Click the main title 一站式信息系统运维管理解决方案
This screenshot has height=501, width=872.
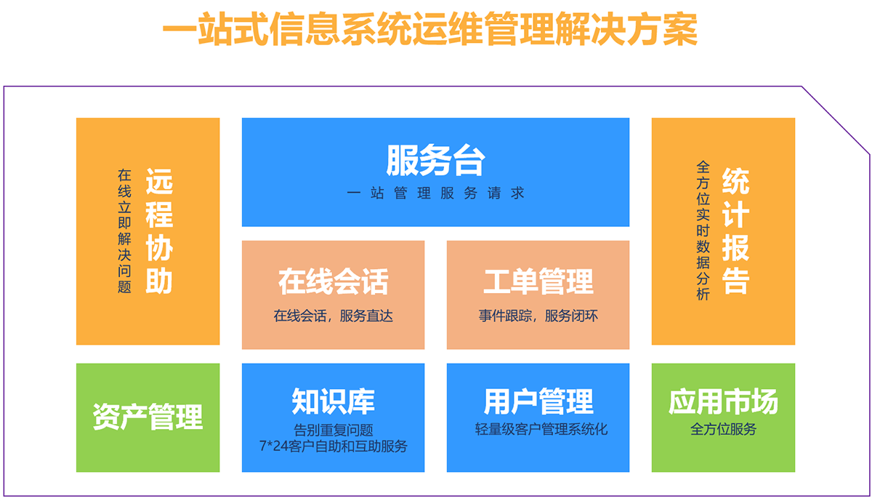coord(429,29)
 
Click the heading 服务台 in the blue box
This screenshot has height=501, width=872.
coord(435,160)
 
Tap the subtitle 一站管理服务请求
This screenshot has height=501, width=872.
coord(435,193)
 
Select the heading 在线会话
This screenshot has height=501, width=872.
coord(334,281)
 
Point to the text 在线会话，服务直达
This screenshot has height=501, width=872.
coord(334,316)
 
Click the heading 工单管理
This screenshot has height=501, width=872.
coord(538,281)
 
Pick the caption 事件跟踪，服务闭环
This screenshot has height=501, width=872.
coord(538,316)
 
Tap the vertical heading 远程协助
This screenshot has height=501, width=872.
coord(159,231)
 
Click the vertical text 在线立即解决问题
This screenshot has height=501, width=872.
coord(124,231)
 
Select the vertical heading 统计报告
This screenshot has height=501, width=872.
coord(735,231)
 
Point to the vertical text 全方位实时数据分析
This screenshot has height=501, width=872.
coord(703,231)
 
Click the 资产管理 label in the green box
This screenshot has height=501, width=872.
coord(148,417)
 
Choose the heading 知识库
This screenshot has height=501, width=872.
coord(334,401)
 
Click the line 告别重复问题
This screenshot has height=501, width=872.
coord(334,430)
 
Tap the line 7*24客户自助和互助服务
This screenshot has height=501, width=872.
coord(334,446)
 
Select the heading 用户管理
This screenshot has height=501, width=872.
coord(538,401)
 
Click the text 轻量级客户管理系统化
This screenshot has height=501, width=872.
coord(541,429)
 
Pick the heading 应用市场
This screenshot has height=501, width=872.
coord(723,401)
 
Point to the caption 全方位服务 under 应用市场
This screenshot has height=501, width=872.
coord(723,429)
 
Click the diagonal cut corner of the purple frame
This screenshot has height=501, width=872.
coord(836,120)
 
